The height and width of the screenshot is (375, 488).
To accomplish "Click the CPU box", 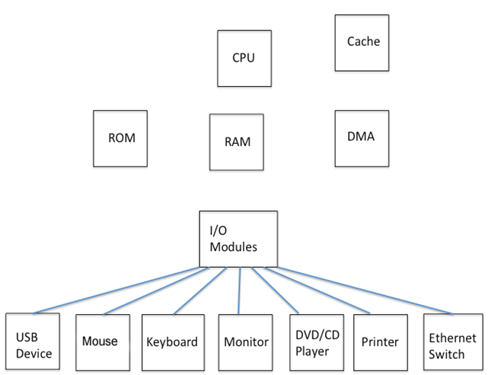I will pyautogui.click(x=244, y=58).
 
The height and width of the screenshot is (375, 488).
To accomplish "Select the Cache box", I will pyautogui.click(x=362, y=42).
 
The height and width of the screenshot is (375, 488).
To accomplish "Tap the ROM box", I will pyautogui.click(x=120, y=138).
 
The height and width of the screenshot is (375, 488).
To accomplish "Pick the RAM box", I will pyautogui.click(x=237, y=141).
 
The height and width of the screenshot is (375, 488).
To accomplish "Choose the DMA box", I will pyautogui.click(x=362, y=138).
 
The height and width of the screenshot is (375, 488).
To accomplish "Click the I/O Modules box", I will pyautogui.click(x=238, y=239).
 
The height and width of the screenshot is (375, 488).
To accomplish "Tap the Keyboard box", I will pyautogui.click(x=173, y=341).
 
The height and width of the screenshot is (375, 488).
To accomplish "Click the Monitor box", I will pyautogui.click(x=245, y=341).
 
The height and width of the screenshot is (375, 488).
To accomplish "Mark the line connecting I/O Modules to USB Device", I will pyautogui.click(x=118, y=290).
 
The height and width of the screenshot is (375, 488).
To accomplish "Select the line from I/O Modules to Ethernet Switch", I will pyautogui.click(x=365, y=290).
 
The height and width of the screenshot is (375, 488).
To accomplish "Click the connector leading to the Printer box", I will pyautogui.click(x=320, y=290).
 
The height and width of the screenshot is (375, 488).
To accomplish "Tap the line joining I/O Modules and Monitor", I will pyautogui.click(x=241, y=290).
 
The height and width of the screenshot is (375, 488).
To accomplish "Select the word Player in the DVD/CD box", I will pyautogui.click(x=312, y=351).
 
